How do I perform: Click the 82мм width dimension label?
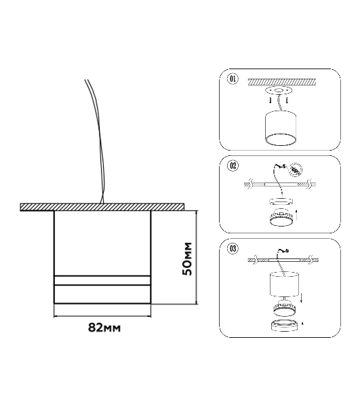point(104,328)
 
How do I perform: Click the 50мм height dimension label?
point(187,259)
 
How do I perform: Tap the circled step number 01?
point(233,79)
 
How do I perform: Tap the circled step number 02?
point(233,166)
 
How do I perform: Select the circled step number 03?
point(233,249)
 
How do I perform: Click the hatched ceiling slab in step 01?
point(282,82)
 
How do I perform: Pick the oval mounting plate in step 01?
point(279,91)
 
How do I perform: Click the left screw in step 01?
point(271,100)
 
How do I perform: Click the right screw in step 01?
point(287,100)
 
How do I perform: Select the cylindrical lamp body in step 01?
point(281,128)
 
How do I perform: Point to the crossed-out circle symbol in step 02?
point(296,170)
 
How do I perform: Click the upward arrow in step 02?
point(296,214)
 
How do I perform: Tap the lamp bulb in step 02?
point(281,218)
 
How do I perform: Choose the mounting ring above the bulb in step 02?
point(281,201)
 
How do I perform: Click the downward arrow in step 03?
point(301,296)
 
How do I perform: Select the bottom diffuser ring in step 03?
point(284,326)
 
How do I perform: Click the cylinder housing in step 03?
point(285,284)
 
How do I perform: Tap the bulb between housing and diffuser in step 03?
point(284,309)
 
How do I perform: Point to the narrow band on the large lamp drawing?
point(102,280)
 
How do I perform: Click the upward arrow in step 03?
point(304,324)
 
